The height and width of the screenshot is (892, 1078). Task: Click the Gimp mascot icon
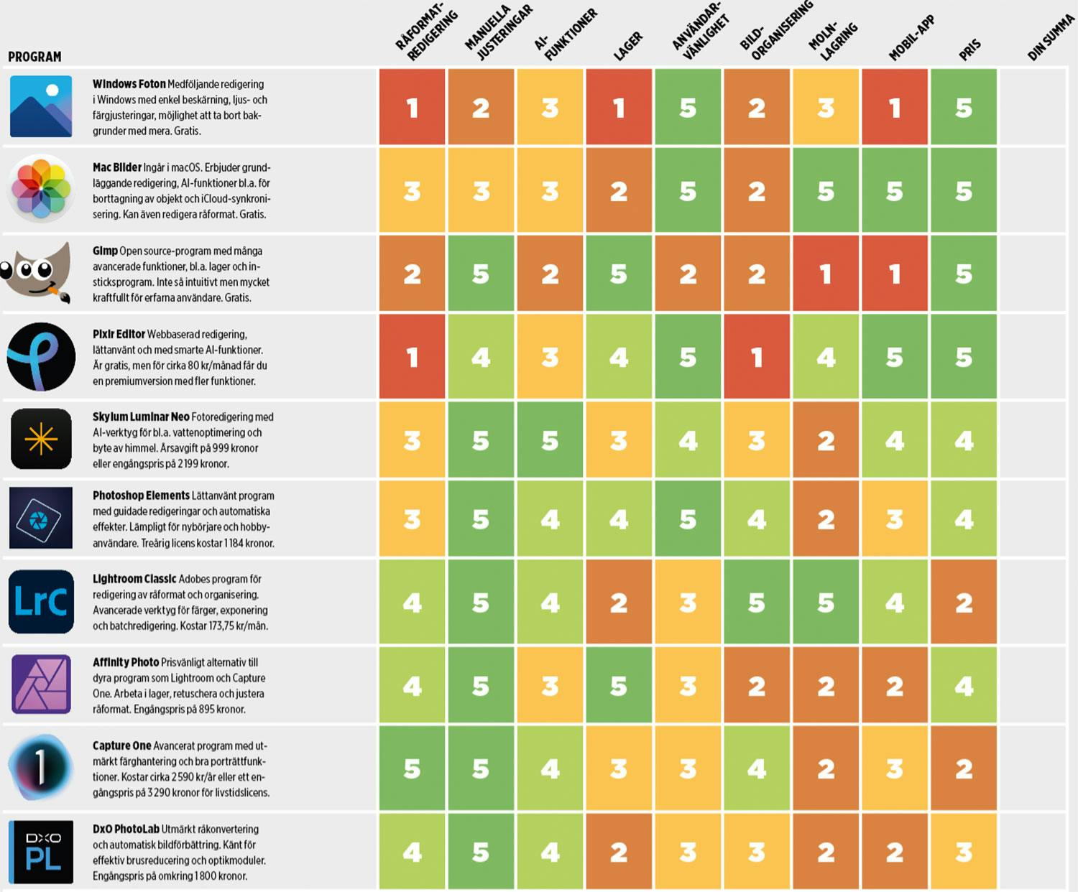[37, 273]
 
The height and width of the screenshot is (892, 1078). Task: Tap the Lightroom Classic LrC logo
[41, 602]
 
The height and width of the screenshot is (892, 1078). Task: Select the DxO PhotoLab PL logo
[41, 852]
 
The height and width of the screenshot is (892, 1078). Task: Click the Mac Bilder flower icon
[41, 190]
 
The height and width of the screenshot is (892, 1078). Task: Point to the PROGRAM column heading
[34, 57]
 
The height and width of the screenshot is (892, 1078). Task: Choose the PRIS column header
[969, 50]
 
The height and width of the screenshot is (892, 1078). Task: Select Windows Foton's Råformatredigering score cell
[412, 107]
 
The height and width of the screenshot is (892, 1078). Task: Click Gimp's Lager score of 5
[619, 274]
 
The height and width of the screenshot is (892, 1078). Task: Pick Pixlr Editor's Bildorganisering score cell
[757, 357]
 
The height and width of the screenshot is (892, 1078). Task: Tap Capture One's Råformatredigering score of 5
[412, 768]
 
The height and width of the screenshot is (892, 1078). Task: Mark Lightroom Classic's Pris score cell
[964, 602]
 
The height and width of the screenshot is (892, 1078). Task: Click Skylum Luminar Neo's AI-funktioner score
[550, 440]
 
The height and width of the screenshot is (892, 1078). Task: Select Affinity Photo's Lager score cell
[619, 686]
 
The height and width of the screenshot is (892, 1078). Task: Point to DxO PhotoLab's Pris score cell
[964, 852]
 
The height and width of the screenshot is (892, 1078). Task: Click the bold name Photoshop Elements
[141, 496]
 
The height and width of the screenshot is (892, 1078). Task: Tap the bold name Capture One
[121, 745]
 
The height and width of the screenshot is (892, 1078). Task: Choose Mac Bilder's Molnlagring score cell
[826, 190]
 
